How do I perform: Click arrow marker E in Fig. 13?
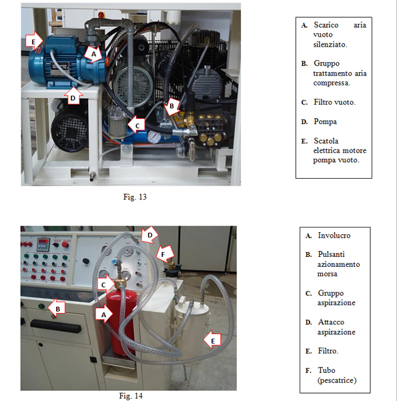coord(35,41)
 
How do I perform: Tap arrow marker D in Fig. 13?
coord(73,96)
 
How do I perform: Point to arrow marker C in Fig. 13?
coord(136,125)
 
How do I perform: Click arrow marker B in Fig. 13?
coord(172,106)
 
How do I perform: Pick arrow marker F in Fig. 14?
coord(165,254)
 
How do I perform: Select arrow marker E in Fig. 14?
coord(212,340)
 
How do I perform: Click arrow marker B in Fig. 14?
coord(57,308)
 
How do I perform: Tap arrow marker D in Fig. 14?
coord(149,235)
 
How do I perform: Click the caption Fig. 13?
coord(135,197)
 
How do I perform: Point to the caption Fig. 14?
coord(131,396)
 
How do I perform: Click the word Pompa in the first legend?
coord(325,121)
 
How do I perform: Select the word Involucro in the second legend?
coord(334,236)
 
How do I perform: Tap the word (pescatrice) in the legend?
coord(337,380)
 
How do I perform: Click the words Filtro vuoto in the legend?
coord(334,102)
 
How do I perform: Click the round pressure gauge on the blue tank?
coord(154,137)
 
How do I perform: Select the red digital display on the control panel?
coord(43,242)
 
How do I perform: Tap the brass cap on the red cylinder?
coord(119,283)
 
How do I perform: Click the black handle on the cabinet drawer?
coord(56,326)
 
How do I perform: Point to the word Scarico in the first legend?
coord(326,25)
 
